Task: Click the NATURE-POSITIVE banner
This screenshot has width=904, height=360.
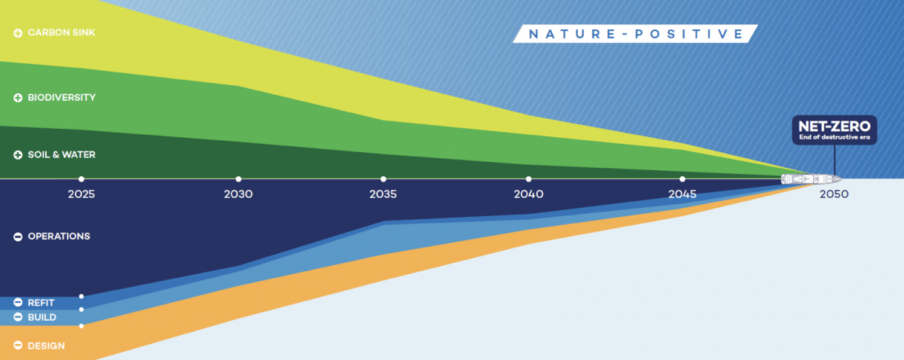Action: click(635, 34)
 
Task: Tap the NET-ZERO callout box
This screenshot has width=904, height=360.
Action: click(834, 130)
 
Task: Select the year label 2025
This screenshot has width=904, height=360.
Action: click(81, 194)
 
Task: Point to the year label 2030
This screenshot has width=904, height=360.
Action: click(238, 194)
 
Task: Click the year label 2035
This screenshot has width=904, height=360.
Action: click(383, 194)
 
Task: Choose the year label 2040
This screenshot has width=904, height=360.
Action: click(529, 194)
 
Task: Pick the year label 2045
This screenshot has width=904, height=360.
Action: click(682, 194)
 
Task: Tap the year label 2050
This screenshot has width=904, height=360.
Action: click(834, 194)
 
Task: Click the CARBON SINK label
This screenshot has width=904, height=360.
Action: click(61, 32)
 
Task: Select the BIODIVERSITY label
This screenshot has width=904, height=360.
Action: click(62, 98)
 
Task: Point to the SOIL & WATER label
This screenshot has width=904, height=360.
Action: click(61, 154)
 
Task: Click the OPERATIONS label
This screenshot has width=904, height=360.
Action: click(59, 236)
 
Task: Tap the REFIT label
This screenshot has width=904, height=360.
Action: click(41, 303)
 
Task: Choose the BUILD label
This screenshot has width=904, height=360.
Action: click(42, 317)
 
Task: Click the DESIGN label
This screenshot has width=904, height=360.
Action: click(46, 346)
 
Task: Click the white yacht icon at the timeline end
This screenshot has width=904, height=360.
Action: click(811, 178)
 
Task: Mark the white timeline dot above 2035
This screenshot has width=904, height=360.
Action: click(383, 178)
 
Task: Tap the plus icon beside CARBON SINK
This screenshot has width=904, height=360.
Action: click(18, 33)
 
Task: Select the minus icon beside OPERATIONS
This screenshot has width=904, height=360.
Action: click(18, 236)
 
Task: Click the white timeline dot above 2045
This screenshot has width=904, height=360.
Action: click(682, 178)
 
